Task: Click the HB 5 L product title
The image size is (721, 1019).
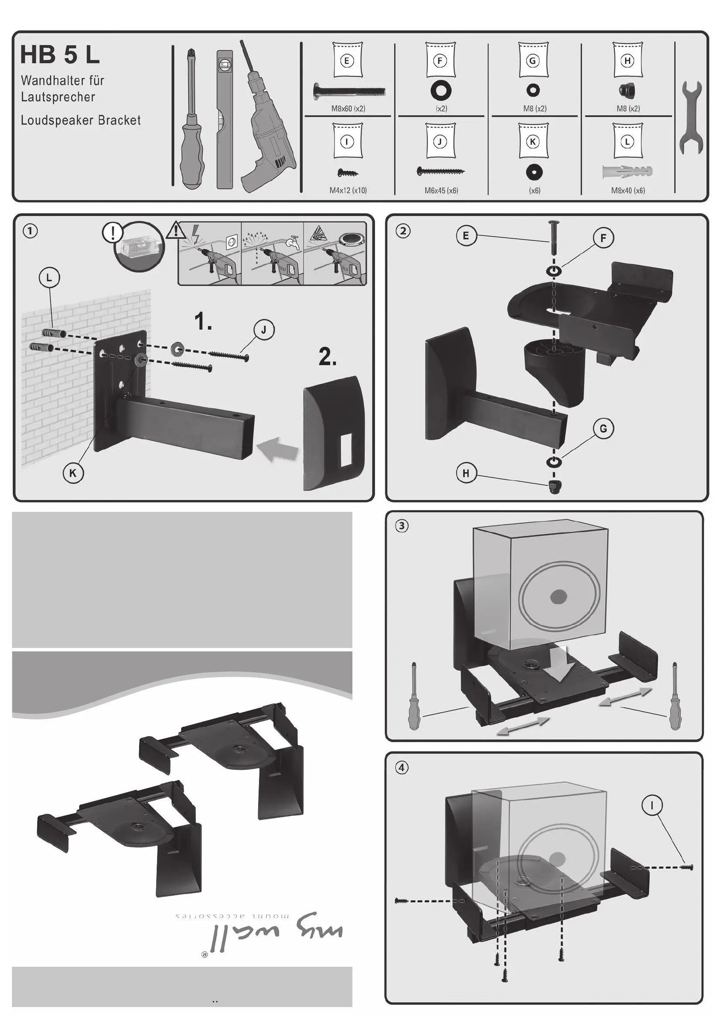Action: [x=60, y=55]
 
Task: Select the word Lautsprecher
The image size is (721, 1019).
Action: [x=58, y=97]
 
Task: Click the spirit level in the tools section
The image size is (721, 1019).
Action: [x=225, y=120]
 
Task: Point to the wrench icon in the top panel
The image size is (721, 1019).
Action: [x=691, y=118]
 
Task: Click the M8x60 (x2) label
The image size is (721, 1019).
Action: [x=348, y=109]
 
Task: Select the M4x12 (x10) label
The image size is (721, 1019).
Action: [x=348, y=190]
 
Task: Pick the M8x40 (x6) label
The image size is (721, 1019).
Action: [x=628, y=190]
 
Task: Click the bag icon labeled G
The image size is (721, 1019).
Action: [x=533, y=60]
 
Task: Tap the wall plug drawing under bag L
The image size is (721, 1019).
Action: [x=627, y=171]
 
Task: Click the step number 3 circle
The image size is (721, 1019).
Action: [x=402, y=526]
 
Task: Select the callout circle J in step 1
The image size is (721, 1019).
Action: [x=264, y=330]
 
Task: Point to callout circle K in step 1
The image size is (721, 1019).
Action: [x=73, y=473]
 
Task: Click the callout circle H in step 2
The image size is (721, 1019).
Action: [x=466, y=473]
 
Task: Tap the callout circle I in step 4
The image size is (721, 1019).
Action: [x=652, y=805]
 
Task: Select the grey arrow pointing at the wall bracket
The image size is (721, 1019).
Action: [x=278, y=449]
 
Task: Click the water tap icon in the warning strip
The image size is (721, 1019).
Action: [x=293, y=242]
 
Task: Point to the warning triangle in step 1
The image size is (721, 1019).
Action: [x=176, y=230]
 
